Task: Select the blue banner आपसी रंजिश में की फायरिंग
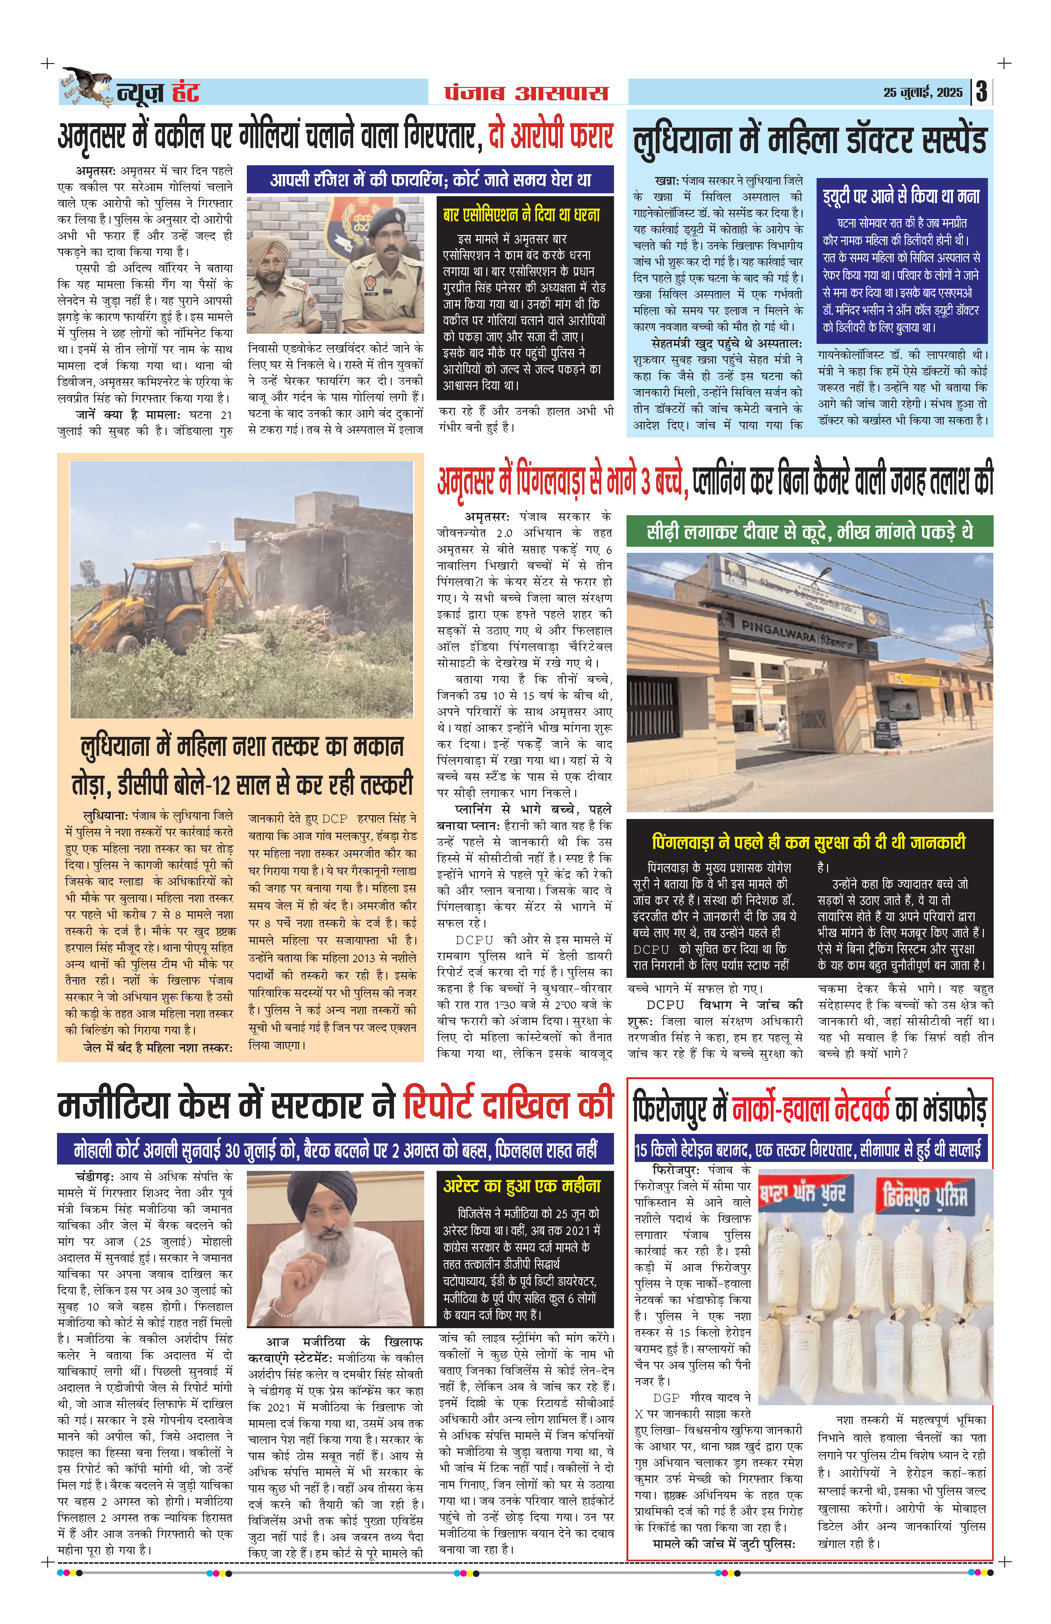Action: (430, 180)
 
